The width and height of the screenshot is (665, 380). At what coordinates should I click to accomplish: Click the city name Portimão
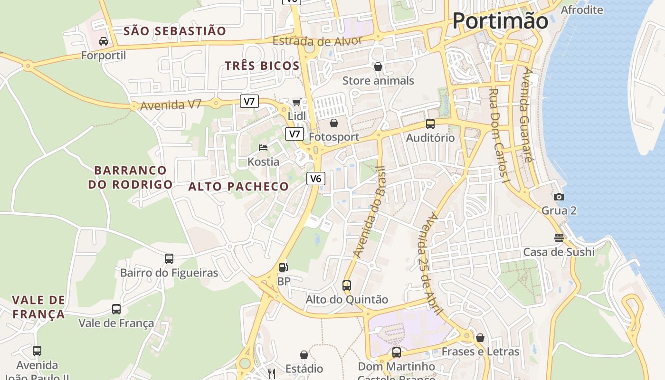coord(500,21)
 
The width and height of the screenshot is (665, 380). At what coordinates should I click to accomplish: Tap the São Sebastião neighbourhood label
coord(175,31)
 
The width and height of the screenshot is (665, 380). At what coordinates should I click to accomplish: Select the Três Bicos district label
coord(262,66)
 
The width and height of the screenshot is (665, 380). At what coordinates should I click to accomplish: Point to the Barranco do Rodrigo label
coord(131,177)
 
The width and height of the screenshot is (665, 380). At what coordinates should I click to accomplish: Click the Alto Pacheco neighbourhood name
coord(238,187)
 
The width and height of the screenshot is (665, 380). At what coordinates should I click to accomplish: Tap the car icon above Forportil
coord(104,41)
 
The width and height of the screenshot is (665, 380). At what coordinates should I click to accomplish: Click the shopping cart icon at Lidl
coord(297,103)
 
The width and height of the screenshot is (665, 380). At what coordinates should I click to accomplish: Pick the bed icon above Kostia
coord(263,148)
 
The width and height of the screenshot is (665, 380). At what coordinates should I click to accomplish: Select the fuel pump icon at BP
coord(284,267)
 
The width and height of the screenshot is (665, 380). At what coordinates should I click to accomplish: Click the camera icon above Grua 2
coord(559,197)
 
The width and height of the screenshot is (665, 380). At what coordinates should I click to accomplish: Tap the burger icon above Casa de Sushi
coord(559,237)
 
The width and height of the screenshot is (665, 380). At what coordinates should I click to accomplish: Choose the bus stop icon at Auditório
coord(430,124)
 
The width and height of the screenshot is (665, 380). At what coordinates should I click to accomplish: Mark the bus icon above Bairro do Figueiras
coord(169,259)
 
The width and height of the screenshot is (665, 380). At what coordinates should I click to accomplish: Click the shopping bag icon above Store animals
coord(378,66)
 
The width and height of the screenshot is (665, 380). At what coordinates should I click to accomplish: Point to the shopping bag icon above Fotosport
coord(334,123)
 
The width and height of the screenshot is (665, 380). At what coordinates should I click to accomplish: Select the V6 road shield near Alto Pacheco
coord(316,179)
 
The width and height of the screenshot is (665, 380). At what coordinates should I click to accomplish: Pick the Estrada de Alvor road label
coord(317,41)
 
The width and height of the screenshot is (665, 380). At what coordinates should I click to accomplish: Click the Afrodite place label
coord(582,10)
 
